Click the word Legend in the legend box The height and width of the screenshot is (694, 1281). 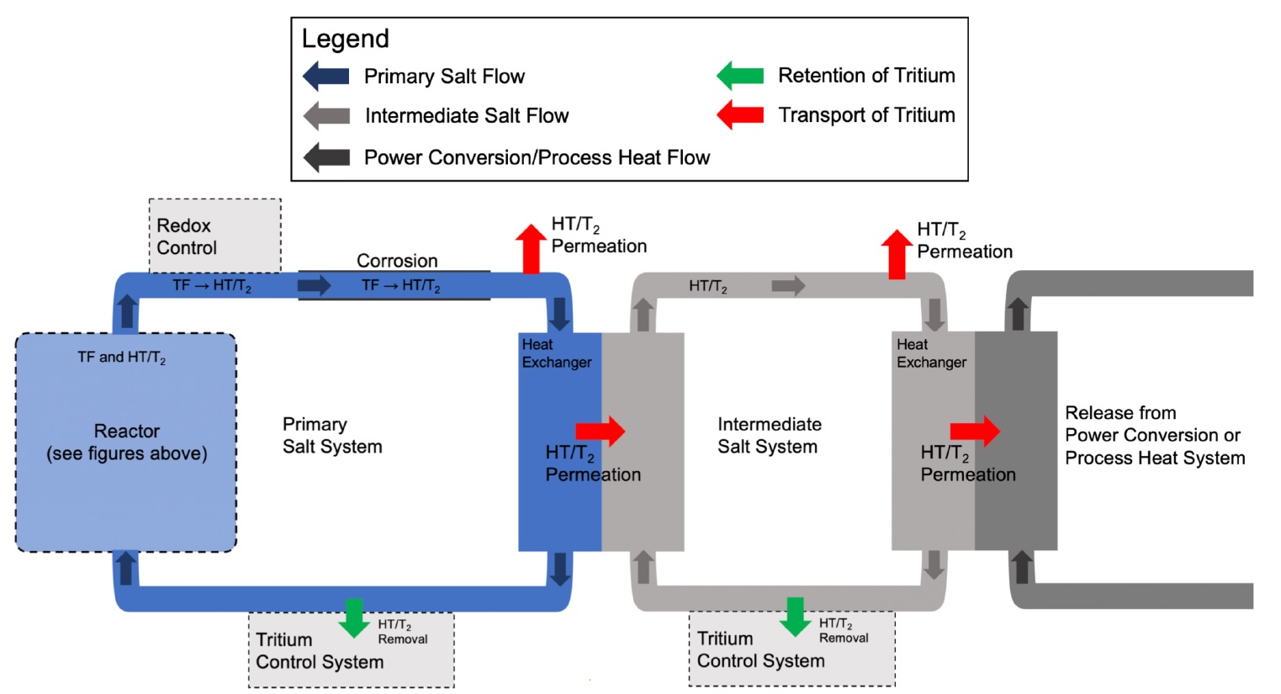click(345, 39)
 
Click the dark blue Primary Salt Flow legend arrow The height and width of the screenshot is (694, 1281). click(326, 76)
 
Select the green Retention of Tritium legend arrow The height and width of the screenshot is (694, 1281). click(740, 76)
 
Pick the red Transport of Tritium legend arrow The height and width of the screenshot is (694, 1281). click(740, 114)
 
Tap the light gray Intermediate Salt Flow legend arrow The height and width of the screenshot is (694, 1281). click(326, 115)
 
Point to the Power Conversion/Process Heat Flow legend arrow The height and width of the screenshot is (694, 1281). click(326, 157)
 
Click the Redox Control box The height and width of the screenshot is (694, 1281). click(214, 236)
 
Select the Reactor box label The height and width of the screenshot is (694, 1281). click(126, 442)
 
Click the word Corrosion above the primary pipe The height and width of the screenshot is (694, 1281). click(397, 261)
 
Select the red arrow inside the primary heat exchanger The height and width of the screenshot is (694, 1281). click(601, 431)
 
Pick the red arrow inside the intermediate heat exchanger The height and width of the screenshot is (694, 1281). click(975, 431)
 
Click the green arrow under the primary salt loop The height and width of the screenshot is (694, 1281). click(354, 617)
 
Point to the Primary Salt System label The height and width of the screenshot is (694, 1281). click(332, 436)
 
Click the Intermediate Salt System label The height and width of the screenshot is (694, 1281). click(769, 436)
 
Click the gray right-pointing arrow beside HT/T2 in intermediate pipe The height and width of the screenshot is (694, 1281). click(788, 286)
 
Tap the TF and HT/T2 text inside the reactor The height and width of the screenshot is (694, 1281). click(121, 358)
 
